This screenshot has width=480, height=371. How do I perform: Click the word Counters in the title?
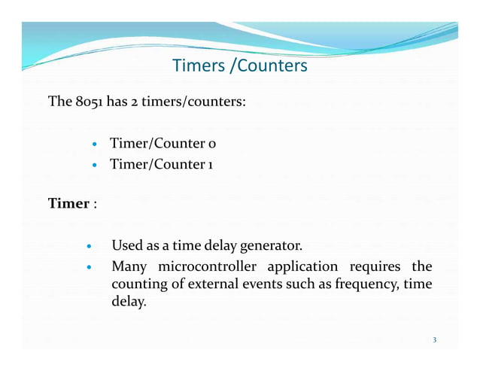(272, 66)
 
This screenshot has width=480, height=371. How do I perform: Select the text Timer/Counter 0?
(164, 143)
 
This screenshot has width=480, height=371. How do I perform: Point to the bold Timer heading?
(68, 203)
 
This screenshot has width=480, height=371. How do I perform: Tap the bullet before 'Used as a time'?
(89, 246)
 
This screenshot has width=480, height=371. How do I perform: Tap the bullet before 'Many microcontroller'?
(89, 266)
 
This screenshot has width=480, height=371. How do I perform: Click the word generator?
(271, 246)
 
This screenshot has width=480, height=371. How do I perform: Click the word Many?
(128, 266)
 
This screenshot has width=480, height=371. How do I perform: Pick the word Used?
(126, 246)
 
